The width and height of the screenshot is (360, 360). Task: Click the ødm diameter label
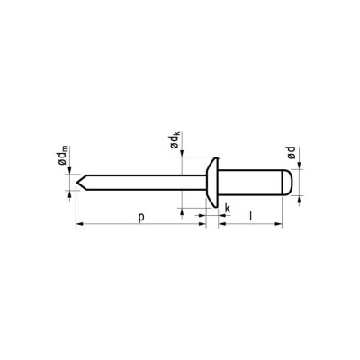tap(70, 161)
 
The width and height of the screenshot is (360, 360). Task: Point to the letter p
tap(142, 216)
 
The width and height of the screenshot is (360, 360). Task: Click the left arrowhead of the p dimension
tap(81, 224)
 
